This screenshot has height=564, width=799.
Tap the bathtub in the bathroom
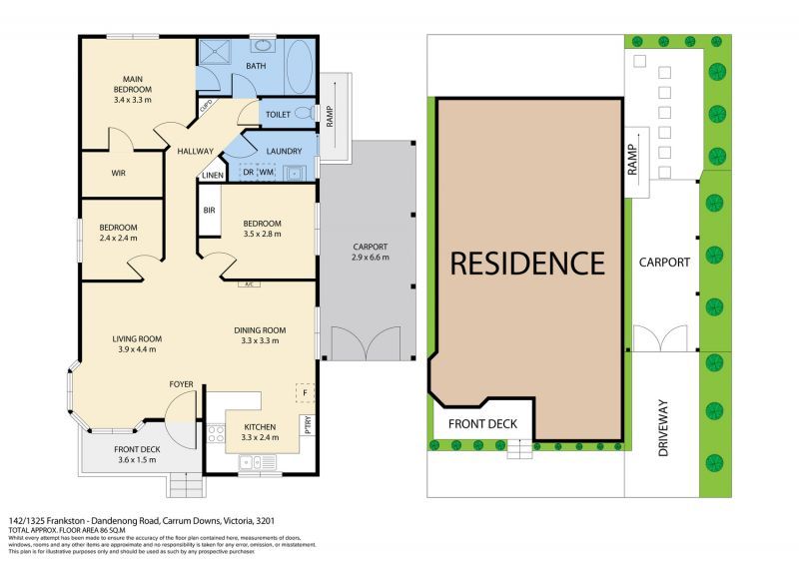(300, 68)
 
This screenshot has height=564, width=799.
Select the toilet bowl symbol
(304, 115)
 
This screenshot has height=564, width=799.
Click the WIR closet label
(118, 173)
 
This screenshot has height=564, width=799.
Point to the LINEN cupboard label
(213, 177)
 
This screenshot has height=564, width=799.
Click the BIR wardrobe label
(209, 211)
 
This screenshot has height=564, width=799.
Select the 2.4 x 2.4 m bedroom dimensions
(118, 240)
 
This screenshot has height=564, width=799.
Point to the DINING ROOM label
(260, 330)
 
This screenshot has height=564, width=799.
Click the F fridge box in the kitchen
(305, 392)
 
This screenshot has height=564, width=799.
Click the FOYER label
(181, 382)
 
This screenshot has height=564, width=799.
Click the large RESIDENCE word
(527, 264)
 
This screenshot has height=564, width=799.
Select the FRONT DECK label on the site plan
(482, 423)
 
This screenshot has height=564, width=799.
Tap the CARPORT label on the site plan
(664, 263)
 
